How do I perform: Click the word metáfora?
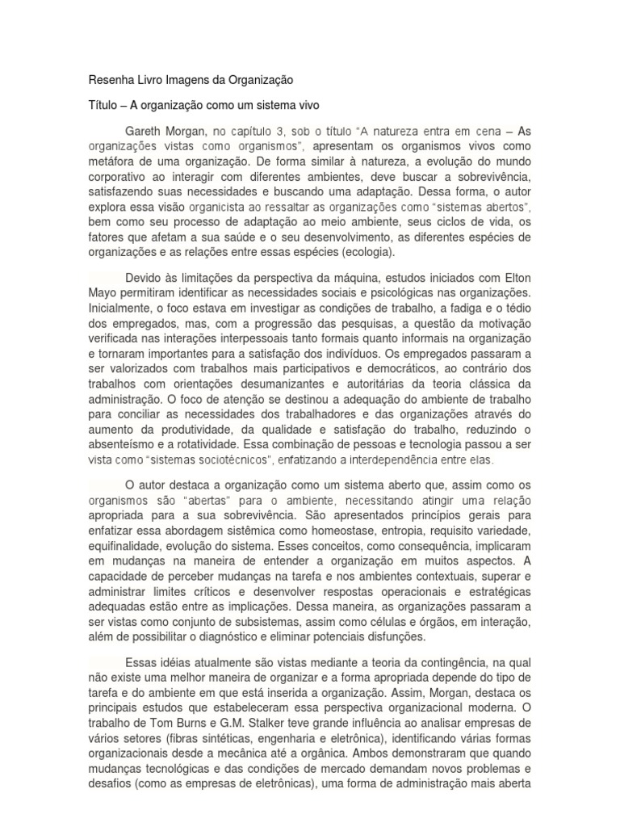[110, 160]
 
